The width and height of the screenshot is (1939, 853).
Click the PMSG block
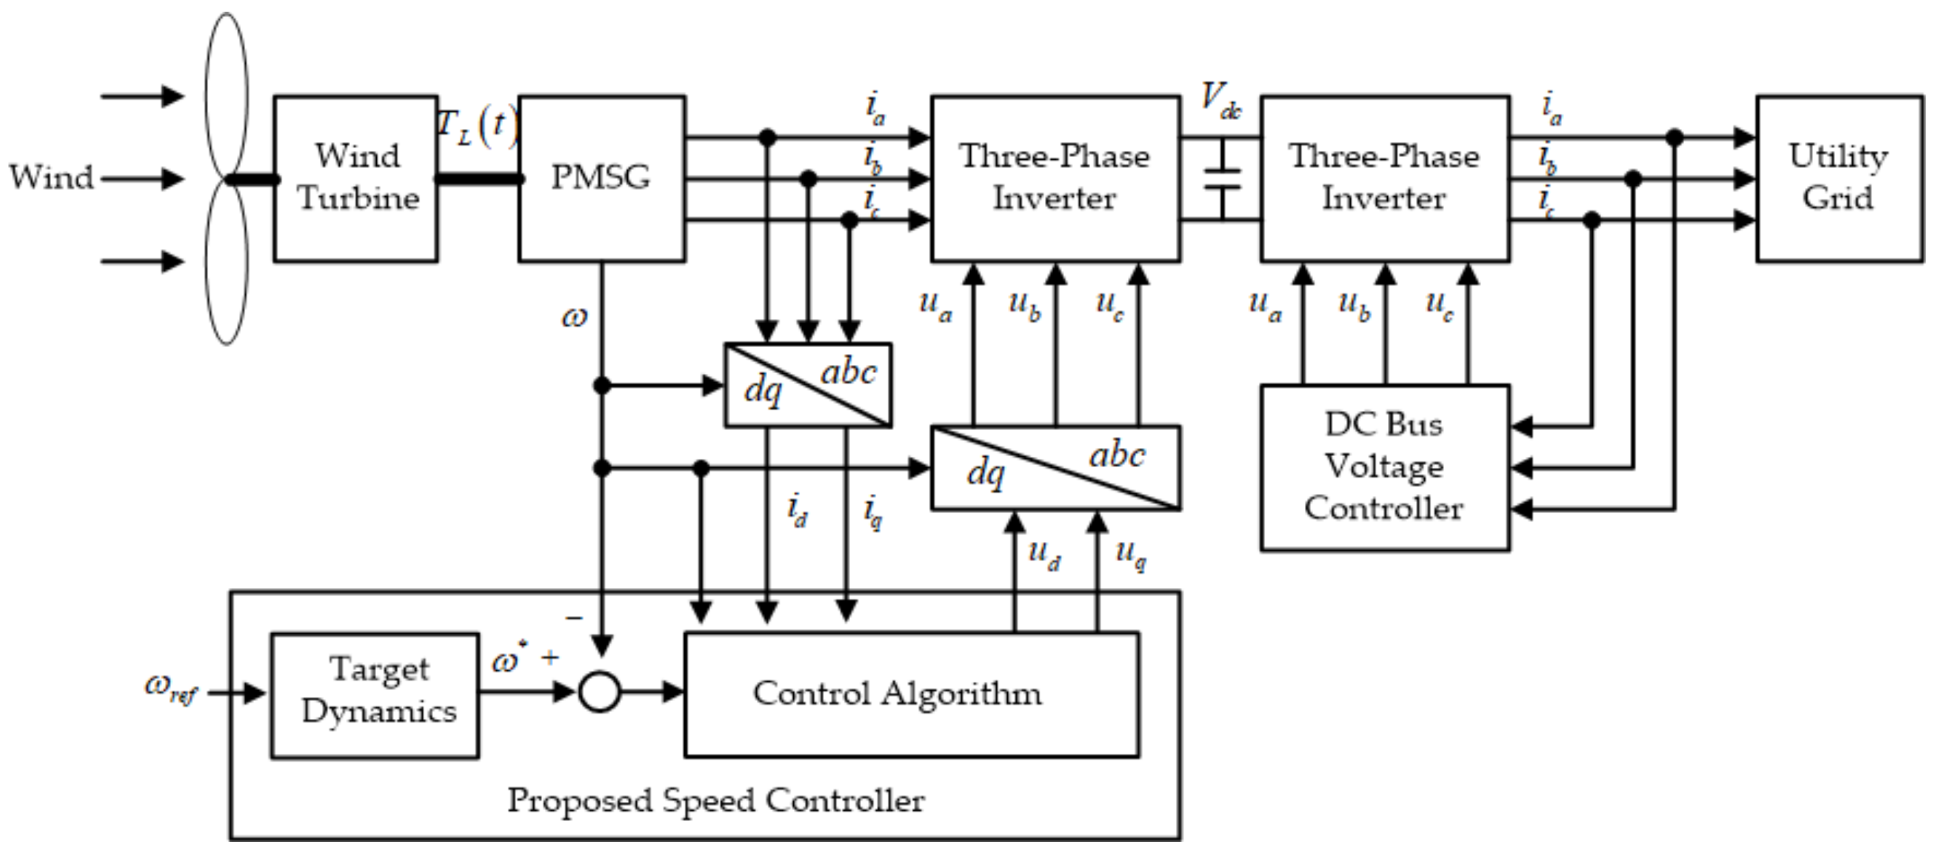tap(600, 178)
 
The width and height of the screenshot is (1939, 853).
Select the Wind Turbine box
tap(356, 178)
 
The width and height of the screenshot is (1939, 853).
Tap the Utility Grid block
tap(1838, 178)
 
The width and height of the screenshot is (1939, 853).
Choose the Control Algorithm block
tap(911, 694)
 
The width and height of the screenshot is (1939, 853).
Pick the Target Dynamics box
tap(375, 694)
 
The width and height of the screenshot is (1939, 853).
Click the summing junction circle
tap(600, 692)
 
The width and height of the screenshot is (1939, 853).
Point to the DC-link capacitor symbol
tap(1222, 179)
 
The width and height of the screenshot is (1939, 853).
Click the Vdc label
tap(1219, 100)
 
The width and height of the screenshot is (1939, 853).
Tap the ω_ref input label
tap(170, 688)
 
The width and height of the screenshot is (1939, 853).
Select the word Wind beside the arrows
tap(50, 178)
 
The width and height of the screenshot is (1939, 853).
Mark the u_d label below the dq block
tap(1045, 555)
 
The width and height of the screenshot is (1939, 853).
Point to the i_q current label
tap(872, 512)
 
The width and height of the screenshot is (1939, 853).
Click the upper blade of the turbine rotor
tap(227, 94)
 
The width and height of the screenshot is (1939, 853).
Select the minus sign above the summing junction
tap(574, 618)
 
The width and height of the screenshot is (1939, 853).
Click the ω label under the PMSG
tap(574, 317)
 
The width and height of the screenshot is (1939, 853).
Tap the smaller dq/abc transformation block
tap(808, 385)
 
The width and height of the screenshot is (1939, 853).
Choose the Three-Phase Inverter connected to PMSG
tap(1054, 178)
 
